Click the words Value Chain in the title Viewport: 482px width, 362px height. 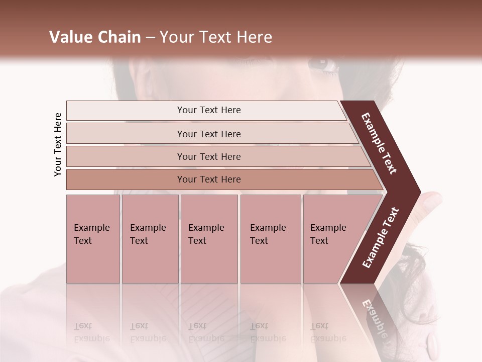pyautogui.click(x=95, y=37)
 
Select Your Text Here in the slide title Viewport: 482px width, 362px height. pyautogui.click(x=216, y=37)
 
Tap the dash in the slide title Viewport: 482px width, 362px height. pyautogui.click(x=150, y=38)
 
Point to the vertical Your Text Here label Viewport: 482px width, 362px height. pyautogui.click(x=58, y=144)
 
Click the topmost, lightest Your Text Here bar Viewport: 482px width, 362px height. pyautogui.click(x=209, y=110)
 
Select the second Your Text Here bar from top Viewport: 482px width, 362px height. pyautogui.click(x=209, y=134)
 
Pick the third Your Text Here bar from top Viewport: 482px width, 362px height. pyautogui.click(x=209, y=156)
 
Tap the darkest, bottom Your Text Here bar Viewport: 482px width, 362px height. pyautogui.click(x=209, y=179)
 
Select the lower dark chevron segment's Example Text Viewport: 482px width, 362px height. pyautogui.click(x=381, y=238)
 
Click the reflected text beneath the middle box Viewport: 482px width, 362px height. pyautogui.click(x=206, y=332)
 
